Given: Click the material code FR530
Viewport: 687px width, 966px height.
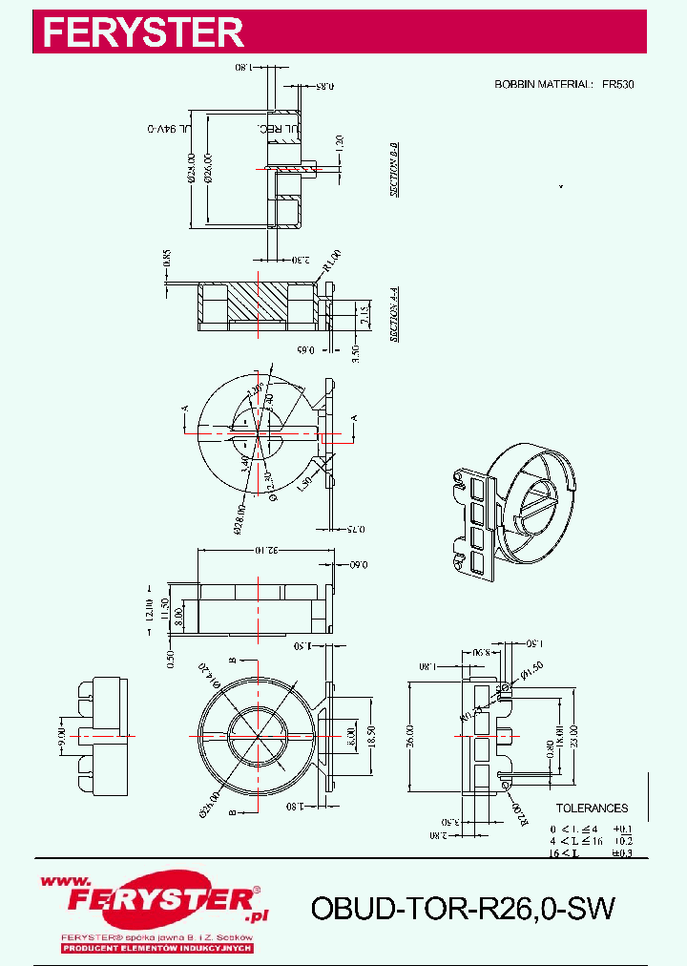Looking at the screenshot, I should [617, 85].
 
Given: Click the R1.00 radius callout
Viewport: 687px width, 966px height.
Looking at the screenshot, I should [331, 261].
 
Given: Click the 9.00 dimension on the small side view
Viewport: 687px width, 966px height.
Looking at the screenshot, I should [59, 735].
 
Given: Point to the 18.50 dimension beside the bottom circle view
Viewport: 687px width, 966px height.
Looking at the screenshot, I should [371, 738].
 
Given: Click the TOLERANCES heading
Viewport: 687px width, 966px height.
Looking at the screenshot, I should [592, 808].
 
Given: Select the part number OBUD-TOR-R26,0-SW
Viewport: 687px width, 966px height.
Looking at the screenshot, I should [462, 909].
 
